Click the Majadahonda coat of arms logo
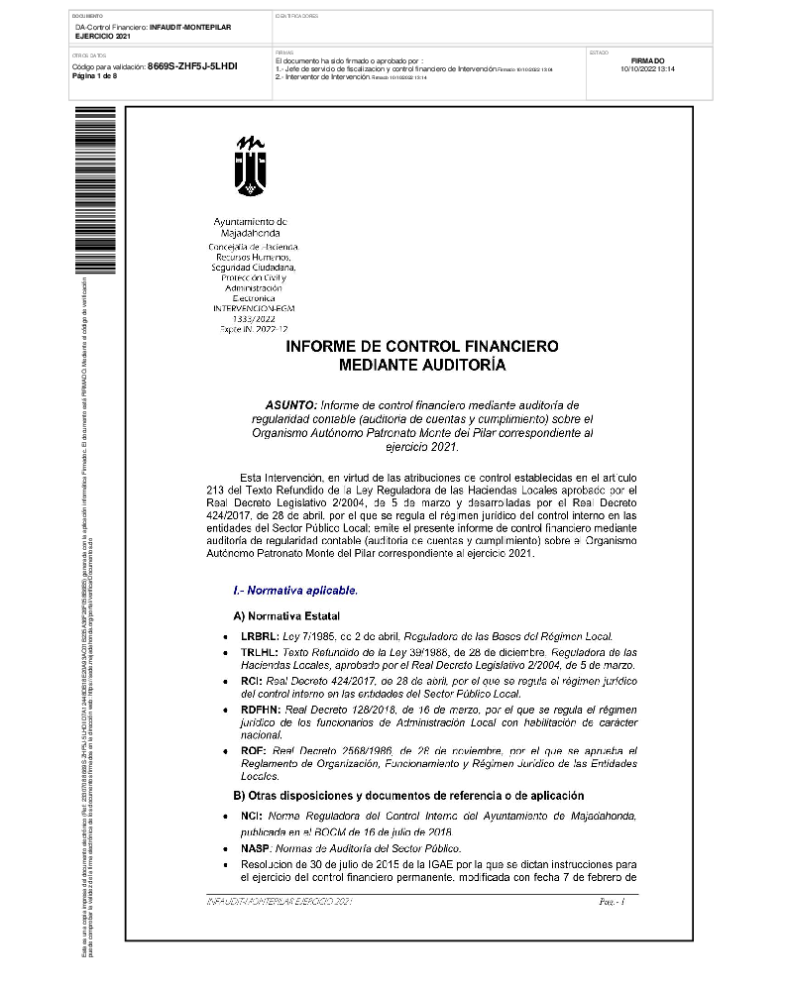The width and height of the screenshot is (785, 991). (250, 165)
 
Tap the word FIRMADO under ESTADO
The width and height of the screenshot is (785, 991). (647, 60)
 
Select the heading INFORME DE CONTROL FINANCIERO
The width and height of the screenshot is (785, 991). (421, 347)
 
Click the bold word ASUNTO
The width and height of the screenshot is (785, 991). (291, 405)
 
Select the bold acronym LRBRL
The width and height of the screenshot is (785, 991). (260, 634)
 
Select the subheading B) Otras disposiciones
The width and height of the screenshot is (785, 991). (407, 795)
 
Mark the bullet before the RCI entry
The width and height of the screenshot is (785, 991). (229, 683)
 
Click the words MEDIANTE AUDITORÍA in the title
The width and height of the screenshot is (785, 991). (421, 366)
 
